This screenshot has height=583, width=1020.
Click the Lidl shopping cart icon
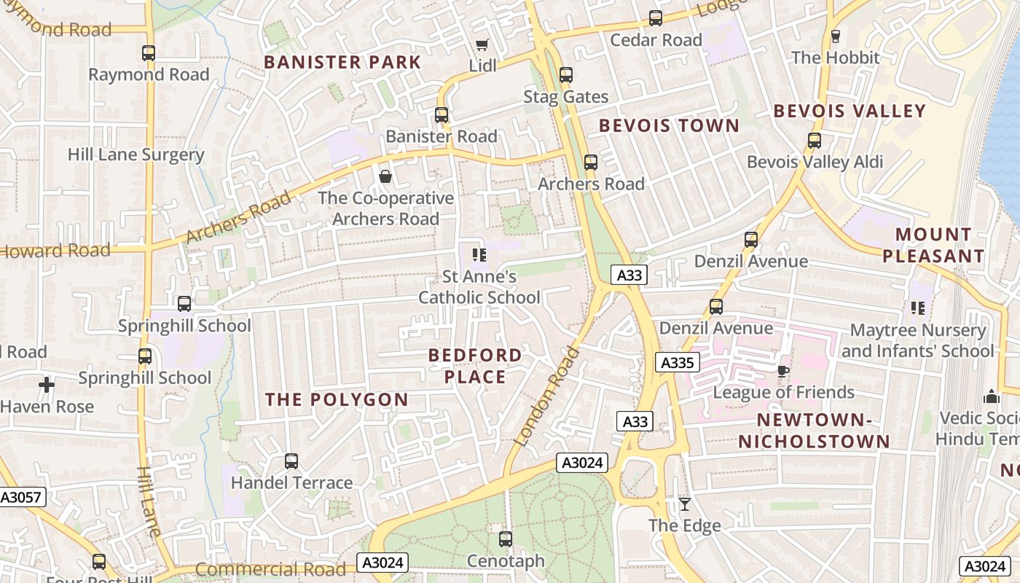[x=481, y=45]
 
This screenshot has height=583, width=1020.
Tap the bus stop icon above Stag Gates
[x=566, y=74]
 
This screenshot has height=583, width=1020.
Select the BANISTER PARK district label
[x=342, y=62]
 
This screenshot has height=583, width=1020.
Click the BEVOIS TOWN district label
[x=669, y=125]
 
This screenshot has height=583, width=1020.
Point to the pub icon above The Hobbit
[x=835, y=36]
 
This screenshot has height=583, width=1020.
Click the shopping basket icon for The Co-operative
[x=385, y=176]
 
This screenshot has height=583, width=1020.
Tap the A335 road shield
[x=677, y=362]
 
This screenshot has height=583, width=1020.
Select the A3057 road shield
[x=22, y=497]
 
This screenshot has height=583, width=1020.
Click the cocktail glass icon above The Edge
[x=684, y=504]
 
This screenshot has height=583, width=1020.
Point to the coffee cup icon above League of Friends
[x=782, y=371]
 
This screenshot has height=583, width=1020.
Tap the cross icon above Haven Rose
[x=47, y=384]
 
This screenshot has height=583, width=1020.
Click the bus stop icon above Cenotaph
[x=505, y=539]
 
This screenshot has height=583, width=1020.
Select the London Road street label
[x=546, y=397]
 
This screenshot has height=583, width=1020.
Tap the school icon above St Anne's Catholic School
[x=479, y=254]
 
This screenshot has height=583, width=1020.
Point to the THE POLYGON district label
[x=337, y=399]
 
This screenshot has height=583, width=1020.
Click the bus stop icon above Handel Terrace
[x=291, y=461]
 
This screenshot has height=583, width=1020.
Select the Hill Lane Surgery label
[x=136, y=154]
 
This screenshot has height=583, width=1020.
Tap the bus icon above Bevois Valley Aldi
[x=814, y=141]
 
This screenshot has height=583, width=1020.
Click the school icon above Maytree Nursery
[x=917, y=308]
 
